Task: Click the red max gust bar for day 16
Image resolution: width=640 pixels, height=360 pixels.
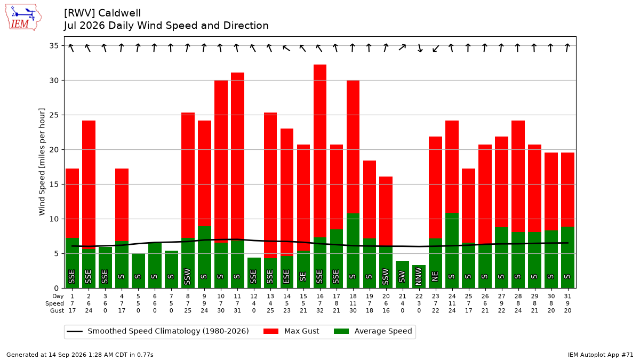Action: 319,151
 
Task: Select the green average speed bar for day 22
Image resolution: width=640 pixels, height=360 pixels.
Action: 419,277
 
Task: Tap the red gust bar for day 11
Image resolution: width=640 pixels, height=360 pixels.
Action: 237,156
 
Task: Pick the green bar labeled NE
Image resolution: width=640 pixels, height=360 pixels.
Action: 435,263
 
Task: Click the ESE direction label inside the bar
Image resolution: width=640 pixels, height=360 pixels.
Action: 286,277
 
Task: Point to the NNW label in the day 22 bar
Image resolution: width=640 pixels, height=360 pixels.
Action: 419,276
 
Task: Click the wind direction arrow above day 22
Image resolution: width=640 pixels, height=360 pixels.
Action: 419,47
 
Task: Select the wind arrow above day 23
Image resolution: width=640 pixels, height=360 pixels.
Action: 436,48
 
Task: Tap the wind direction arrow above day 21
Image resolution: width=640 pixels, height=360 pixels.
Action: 402,47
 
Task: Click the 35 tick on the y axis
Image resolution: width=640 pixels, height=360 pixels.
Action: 54,46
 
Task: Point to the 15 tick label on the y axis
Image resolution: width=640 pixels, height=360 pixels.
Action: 54,185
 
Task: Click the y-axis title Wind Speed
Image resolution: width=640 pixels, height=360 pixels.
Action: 42,162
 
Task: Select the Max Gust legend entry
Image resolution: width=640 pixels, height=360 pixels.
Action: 291,331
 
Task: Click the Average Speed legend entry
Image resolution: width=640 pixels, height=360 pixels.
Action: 373,331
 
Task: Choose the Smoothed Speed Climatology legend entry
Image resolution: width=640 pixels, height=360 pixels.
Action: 158,331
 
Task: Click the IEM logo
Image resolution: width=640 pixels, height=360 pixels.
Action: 23,18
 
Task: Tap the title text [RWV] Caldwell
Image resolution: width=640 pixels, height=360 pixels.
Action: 102,13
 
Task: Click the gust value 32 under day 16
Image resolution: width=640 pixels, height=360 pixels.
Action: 319,310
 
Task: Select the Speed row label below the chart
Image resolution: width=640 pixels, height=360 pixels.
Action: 54,303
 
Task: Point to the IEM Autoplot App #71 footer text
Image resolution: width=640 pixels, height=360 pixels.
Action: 601,355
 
